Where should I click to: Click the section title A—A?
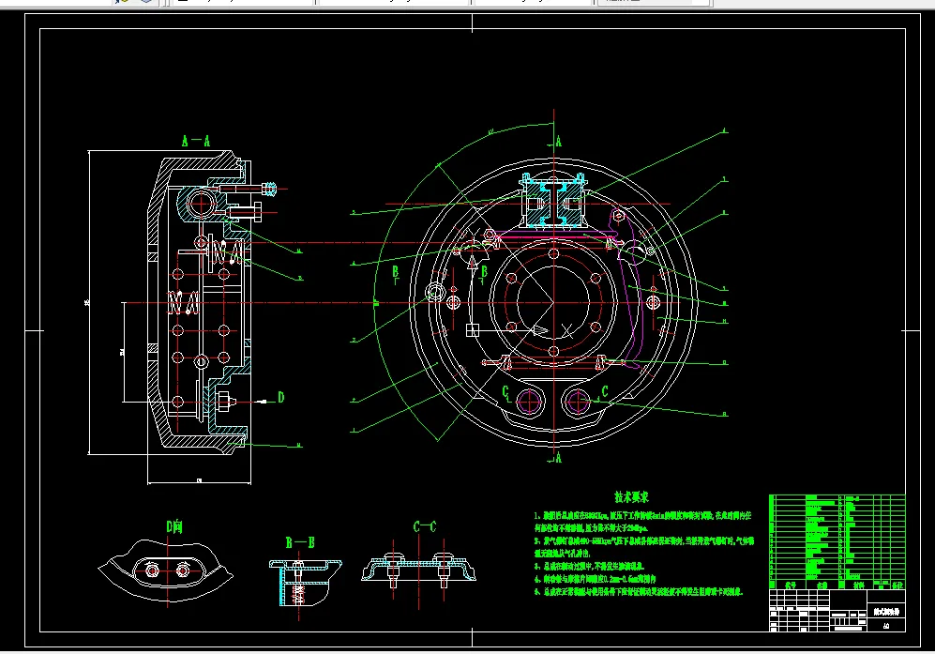point(196,141)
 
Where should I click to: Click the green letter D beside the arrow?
point(280,397)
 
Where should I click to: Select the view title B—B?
point(299,542)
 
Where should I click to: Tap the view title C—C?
point(425,527)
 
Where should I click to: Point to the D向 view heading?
point(174,527)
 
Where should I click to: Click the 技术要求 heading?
point(632,496)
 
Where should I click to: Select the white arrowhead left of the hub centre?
point(540,330)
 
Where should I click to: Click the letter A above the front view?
point(559,142)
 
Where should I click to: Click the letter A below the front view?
point(559,459)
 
